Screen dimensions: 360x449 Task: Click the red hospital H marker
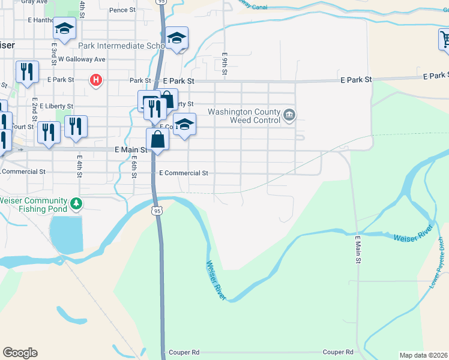(95, 79)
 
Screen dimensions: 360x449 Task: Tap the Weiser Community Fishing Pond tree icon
(76, 204)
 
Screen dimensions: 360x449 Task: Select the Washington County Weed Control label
(244, 116)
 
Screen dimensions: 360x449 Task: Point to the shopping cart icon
(445, 40)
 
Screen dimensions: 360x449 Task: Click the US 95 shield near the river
(157, 211)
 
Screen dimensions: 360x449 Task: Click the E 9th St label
(224, 63)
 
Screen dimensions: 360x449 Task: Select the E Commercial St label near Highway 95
(183, 173)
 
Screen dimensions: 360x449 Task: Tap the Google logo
(20, 353)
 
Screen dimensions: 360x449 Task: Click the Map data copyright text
(423, 355)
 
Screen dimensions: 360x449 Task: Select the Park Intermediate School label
(121, 46)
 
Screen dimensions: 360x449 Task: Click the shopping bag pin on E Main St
(157, 140)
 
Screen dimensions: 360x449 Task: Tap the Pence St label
(122, 10)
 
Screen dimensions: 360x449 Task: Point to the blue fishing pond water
(65, 234)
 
